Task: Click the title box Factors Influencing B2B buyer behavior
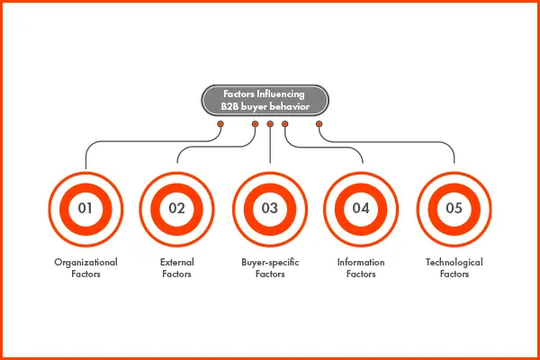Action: pyautogui.click(x=270, y=98)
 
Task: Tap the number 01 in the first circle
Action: pyautogui.click(x=86, y=209)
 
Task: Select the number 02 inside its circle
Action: pyautogui.click(x=176, y=209)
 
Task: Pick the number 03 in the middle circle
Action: pyautogui.click(x=270, y=209)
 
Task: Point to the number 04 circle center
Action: pyautogui.click(x=361, y=209)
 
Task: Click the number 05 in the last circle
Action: pyautogui.click(x=454, y=209)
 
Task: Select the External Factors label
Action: pyautogui.click(x=176, y=267)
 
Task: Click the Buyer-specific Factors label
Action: pyautogui.click(x=270, y=267)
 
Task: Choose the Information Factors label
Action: pyautogui.click(x=361, y=267)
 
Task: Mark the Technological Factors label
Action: pyautogui.click(x=454, y=267)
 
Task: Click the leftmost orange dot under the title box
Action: pyautogui.click(x=220, y=124)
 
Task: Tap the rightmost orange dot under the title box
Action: pyautogui.click(x=319, y=124)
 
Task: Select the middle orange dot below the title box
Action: pyautogui.click(x=270, y=124)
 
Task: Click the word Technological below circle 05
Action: pyautogui.click(x=454, y=262)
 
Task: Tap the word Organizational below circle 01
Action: pyautogui.click(x=86, y=262)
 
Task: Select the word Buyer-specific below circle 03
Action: pyautogui.click(x=270, y=262)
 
